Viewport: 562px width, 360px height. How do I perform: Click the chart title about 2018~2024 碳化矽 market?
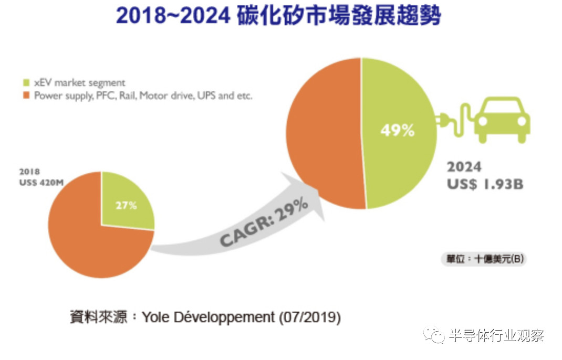point(278,16)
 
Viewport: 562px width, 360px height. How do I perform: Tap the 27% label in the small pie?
point(126,206)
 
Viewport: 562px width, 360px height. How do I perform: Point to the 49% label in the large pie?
point(397,130)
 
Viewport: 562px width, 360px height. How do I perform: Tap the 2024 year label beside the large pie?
point(464,167)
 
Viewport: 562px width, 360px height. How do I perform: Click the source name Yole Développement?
point(208,317)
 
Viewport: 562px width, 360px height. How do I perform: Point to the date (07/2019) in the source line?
point(310,317)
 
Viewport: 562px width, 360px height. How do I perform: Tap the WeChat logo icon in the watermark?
point(434,335)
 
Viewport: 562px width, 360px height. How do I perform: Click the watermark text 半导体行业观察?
point(496,335)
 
